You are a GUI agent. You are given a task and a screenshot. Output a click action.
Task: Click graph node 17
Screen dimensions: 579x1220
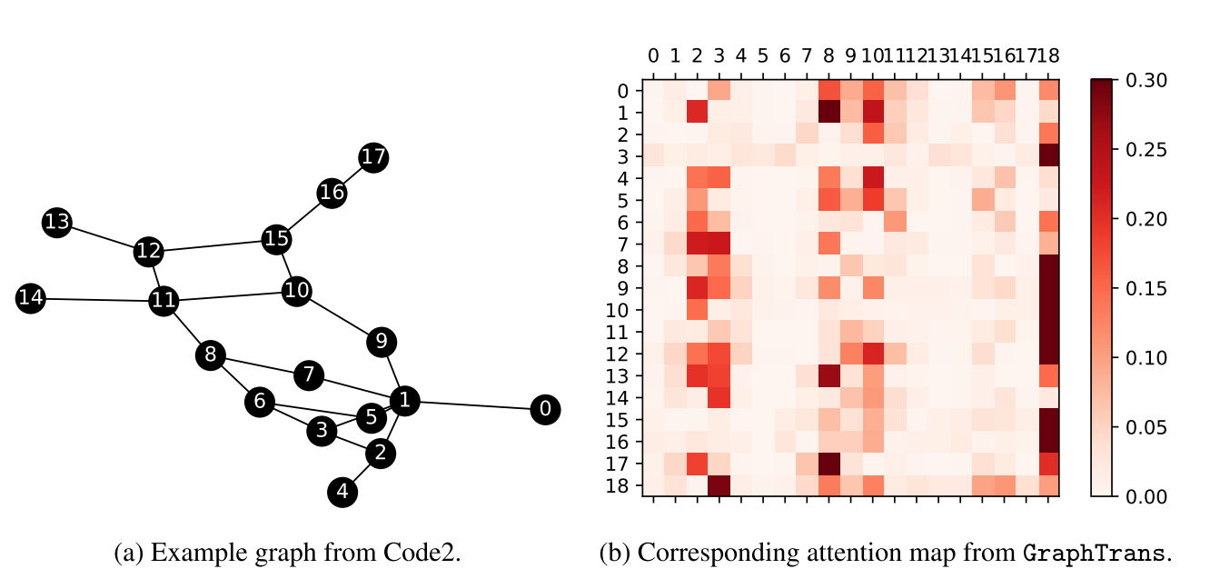point(372,157)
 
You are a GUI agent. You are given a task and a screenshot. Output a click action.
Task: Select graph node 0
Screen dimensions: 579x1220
point(545,410)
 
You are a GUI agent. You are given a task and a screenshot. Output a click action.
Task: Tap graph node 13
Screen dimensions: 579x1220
point(56,223)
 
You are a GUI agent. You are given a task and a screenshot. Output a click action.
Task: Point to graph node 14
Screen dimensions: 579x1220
point(30,298)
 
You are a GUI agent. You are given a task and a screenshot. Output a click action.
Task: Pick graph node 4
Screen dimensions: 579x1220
point(342,493)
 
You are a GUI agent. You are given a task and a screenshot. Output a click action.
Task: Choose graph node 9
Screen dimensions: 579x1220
point(382,343)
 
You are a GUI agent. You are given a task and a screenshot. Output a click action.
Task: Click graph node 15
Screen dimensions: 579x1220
point(275,239)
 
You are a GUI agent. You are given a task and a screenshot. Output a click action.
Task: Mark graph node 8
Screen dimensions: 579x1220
point(210,355)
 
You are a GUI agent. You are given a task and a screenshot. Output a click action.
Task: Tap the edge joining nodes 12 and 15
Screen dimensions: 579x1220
point(212,245)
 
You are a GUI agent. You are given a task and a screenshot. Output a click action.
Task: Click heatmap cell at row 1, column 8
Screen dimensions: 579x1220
point(828,113)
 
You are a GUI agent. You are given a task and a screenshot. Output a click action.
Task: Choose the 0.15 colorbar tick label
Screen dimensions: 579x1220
point(1143,289)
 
